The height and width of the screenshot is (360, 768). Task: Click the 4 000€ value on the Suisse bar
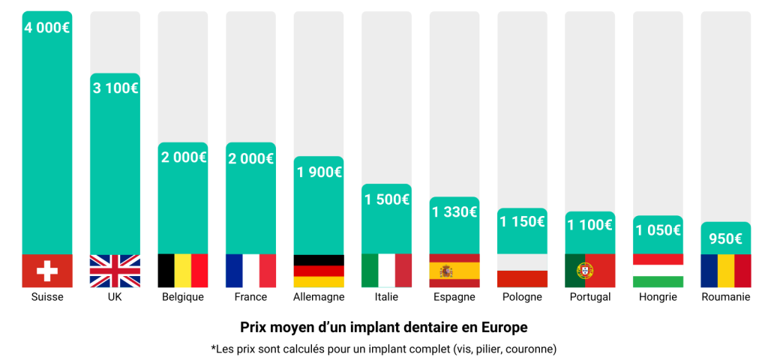pyautogui.click(x=47, y=27)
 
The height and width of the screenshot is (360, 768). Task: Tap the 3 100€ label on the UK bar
pyautogui.click(x=115, y=88)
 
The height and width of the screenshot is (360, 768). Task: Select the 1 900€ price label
pyautogui.click(x=319, y=172)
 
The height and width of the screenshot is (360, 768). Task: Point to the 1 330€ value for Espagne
pyautogui.click(x=454, y=211)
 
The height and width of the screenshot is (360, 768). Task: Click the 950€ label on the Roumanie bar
pyautogui.click(x=726, y=239)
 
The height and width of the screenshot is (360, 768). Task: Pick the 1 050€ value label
pyautogui.click(x=658, y=230)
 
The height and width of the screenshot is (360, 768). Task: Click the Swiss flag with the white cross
pyautogui.click(x=47, y=271)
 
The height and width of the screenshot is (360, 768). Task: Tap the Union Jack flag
pyautogui.click(x=115, y=271)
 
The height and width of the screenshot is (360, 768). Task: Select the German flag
pyautogui.click(x=319, y=271)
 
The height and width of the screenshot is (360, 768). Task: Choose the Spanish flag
pyautogui.click(x=454, y=271)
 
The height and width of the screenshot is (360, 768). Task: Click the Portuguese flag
pyautogui.click(x=590, y=271)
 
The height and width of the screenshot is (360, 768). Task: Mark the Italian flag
pyautogui.click(x=387, y=271)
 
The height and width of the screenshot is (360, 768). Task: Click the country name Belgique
pyautogui.click(x=183, y=297)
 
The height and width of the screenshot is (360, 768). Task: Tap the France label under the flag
pyautogui.click(x=250, y=297)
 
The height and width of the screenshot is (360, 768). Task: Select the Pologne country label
pyautogui.click(x=522, y=297)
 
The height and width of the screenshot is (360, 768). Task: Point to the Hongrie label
pyautogui.click(x=658, y=297)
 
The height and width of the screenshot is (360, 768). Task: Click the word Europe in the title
pyautogui.click(x=505, y=328)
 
